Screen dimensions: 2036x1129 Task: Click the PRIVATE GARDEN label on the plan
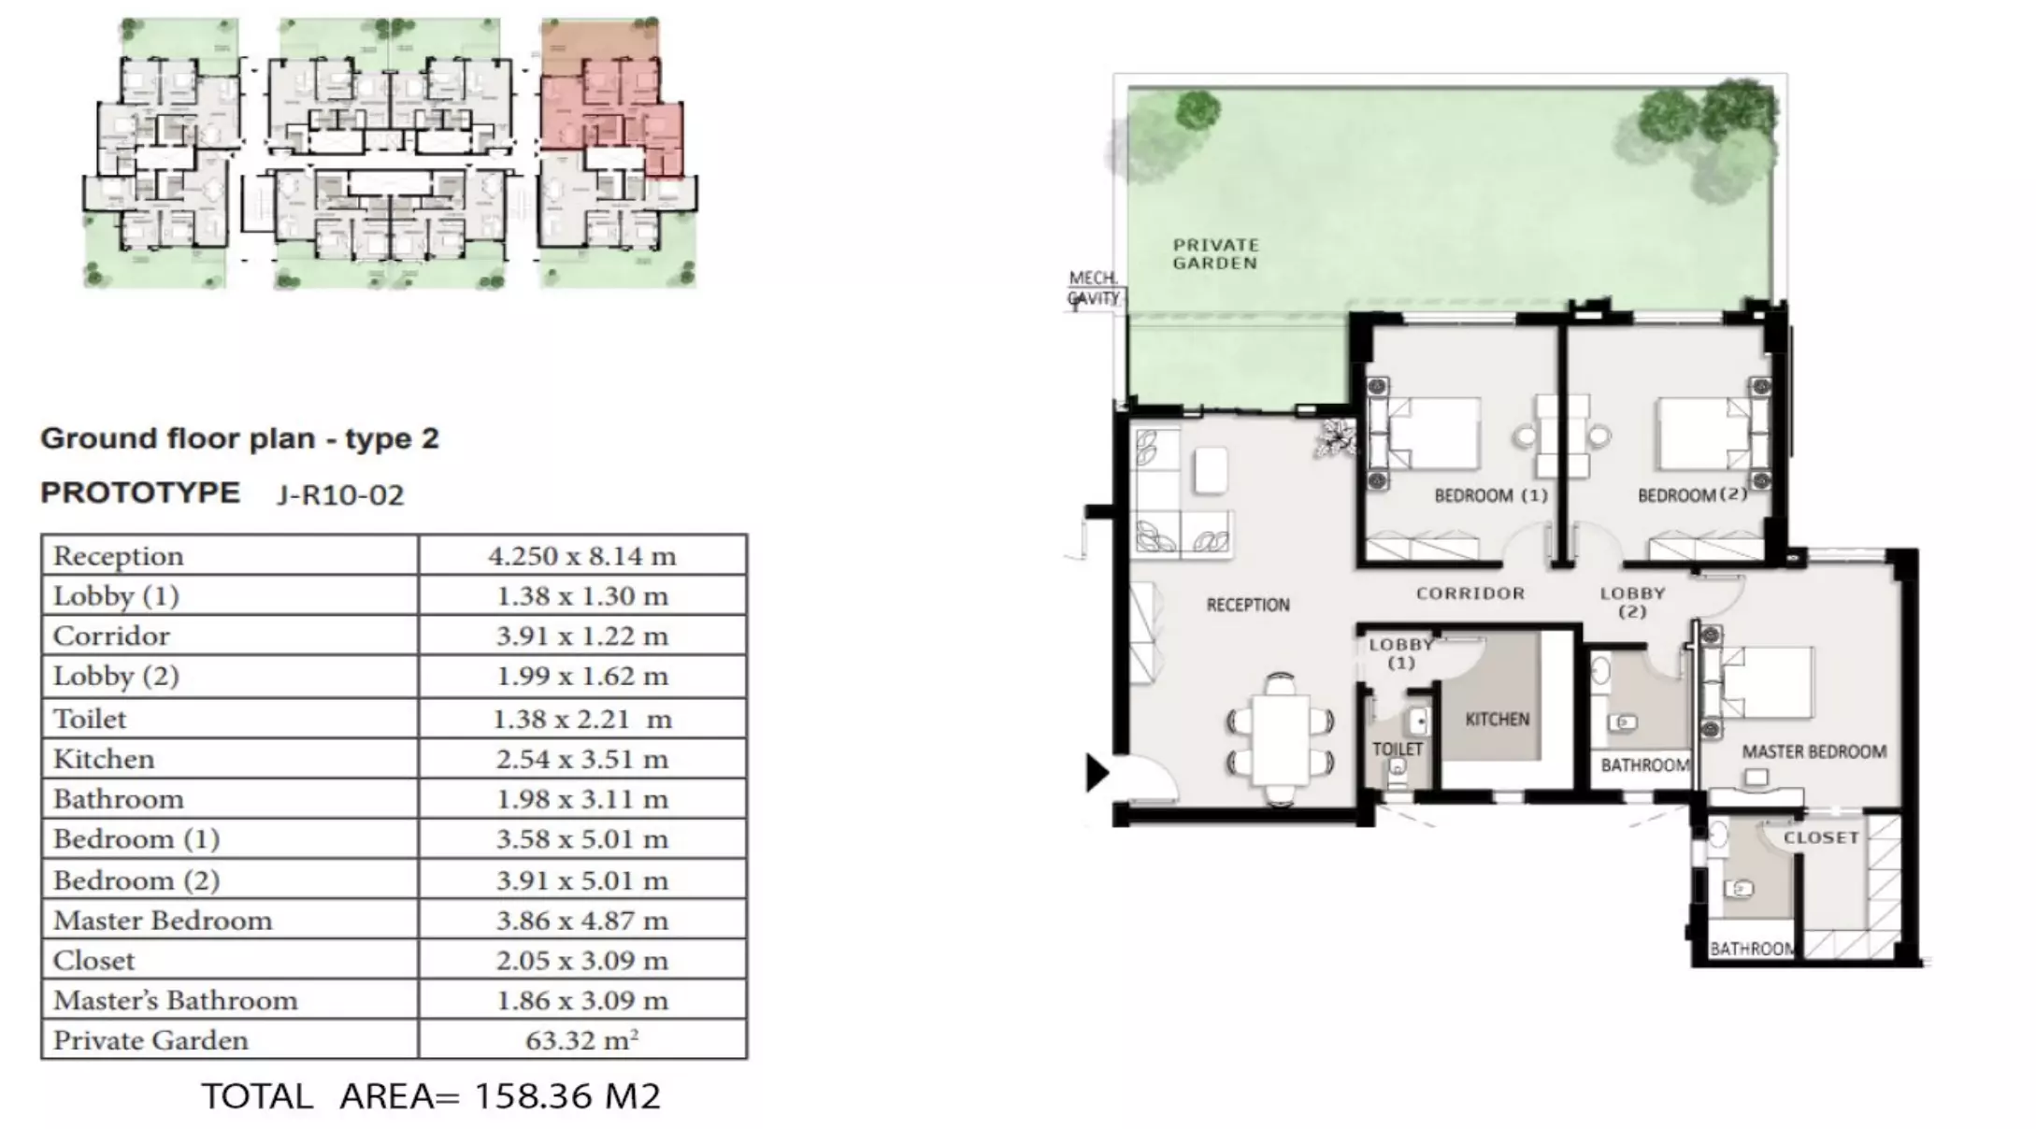point(1215,254)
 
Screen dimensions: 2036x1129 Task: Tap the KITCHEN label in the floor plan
point(1498,719)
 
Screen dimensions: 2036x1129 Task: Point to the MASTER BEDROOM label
point(1814,751)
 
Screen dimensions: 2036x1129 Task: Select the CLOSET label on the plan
point(1821,837)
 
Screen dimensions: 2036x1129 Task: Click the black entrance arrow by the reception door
point(1097,773)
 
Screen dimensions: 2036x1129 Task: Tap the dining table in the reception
point(1281,738)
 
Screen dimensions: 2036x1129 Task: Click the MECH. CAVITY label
point(1094,288)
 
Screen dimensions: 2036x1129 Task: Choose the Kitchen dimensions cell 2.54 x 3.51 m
point(581,759)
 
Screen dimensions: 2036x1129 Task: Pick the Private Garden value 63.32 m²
point(581,1040)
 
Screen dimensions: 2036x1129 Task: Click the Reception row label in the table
point(118,556)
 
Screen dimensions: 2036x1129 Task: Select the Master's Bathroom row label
point(175,1000)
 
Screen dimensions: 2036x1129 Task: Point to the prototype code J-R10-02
point(340,494)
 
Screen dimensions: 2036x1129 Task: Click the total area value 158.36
point(535,1095)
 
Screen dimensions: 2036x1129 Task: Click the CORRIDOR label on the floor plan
point(1470,593)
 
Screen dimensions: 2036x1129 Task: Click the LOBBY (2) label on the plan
point(1632,602)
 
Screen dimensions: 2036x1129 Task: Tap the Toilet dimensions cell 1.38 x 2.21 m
point(581,719)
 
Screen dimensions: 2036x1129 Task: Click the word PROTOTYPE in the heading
point(140,493)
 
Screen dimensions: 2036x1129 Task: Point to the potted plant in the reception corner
point(1337,437)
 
